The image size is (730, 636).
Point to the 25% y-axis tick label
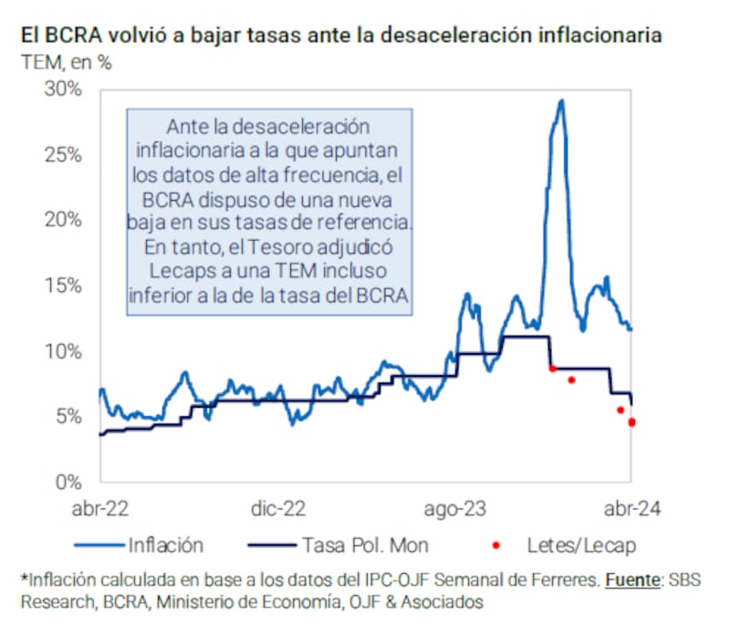click(x=64, y=153)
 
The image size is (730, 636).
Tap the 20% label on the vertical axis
click(x=64, y=219)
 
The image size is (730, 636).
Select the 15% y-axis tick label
click(x=64, y=285)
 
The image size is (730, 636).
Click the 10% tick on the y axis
click(x=64, y=350)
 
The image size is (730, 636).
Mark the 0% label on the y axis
click(x=69, y=481)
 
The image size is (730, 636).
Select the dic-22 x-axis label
click(x=276, y=507)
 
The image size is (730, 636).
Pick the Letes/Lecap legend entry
click(x=580, y=546)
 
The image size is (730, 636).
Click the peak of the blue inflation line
click(x=561, y=100)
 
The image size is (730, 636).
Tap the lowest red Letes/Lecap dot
click(x=631, y=422)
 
